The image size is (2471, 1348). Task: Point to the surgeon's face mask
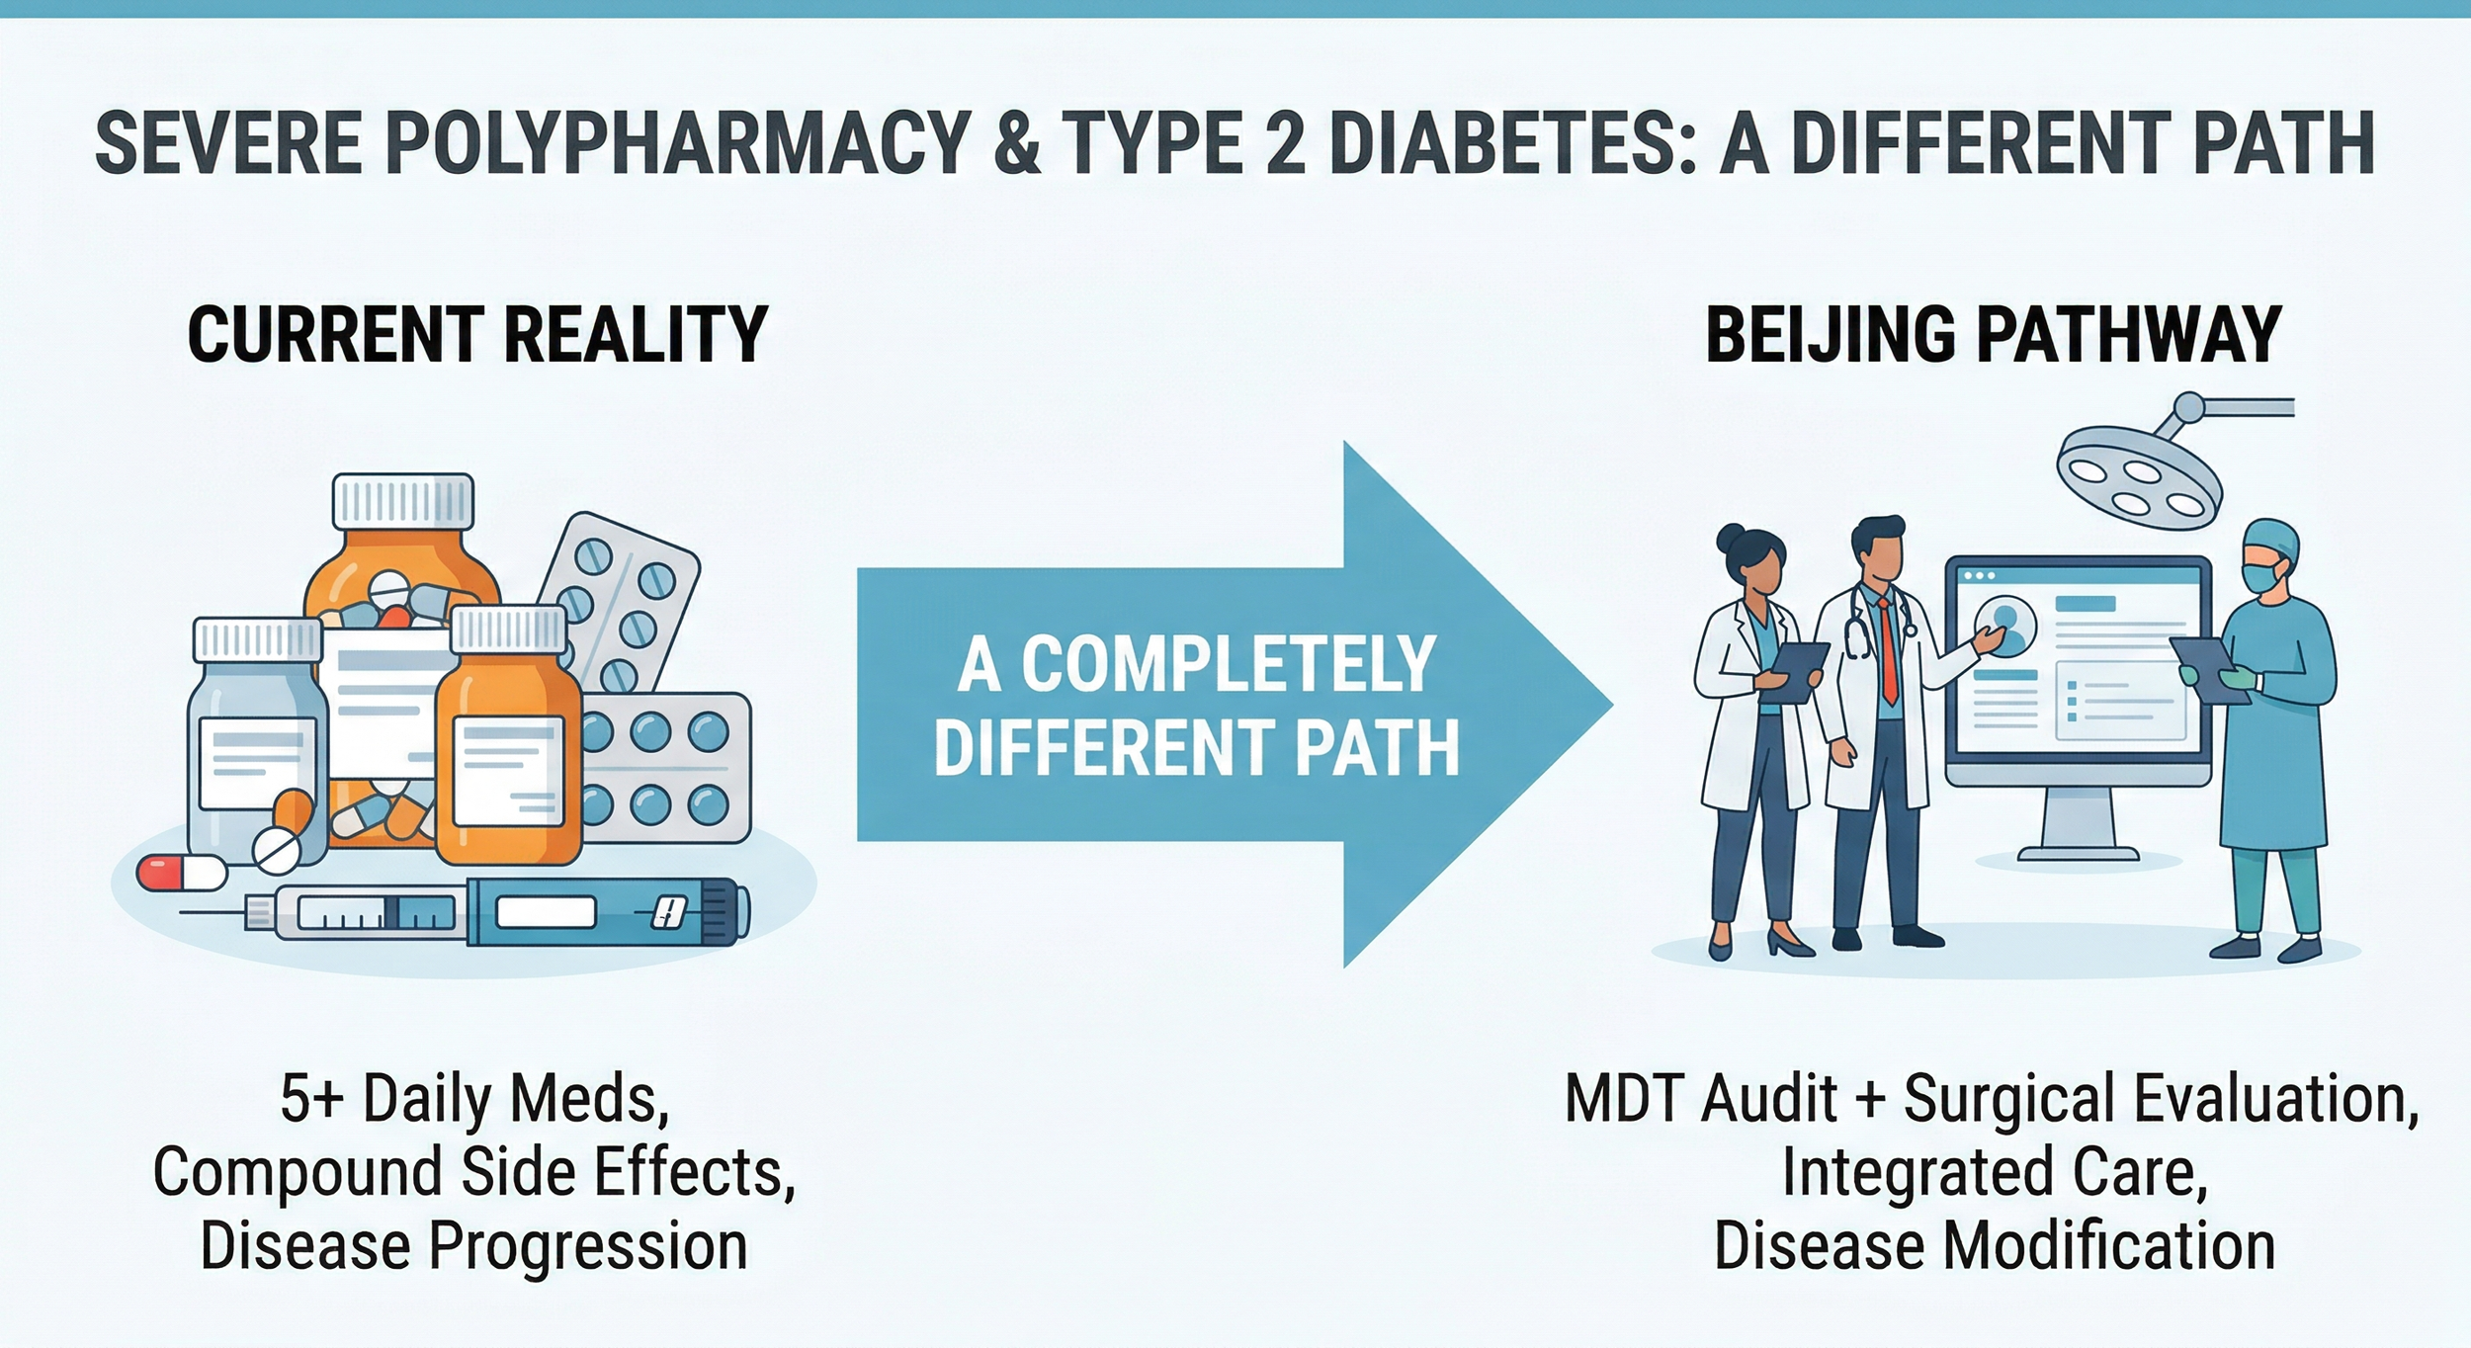(x=2262, y=575)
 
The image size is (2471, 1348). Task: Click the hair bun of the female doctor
(x=1731, y=539)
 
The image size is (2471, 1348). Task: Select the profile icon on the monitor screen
(x=2004, y=626)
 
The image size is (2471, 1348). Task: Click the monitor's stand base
(x=2077, y=852)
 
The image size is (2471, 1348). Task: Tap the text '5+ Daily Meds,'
(x=475, y=1099)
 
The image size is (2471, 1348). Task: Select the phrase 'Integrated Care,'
(x=1995, y=1172)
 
